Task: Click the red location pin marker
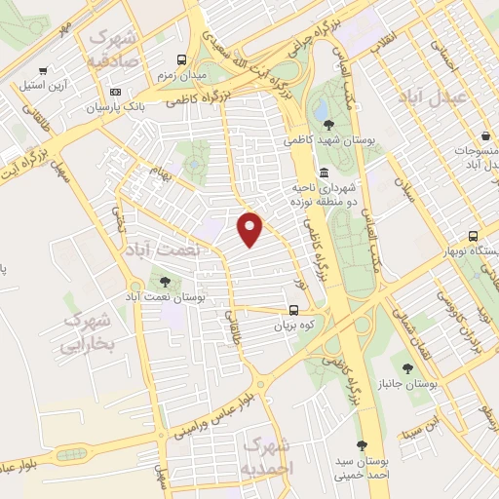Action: (x=250, y=228)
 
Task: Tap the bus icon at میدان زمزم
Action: (x=179, y=59)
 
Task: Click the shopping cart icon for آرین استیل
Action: (x=42, y=70)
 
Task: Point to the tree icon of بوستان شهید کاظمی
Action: (x=328, y=124)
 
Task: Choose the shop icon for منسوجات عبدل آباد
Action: (x=484, y=137)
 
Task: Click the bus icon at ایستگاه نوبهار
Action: (x=473, y=236)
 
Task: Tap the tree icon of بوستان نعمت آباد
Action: (x=164, y=282)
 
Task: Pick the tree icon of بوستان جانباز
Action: (x=406, y=368)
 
